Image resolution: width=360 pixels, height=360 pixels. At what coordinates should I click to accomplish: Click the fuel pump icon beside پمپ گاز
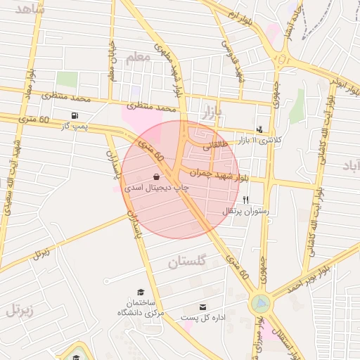(75, 115)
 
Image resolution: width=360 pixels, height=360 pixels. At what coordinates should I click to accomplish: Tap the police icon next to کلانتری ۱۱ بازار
(259, 129)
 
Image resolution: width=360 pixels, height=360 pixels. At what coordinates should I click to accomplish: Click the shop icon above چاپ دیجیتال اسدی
(155, 177)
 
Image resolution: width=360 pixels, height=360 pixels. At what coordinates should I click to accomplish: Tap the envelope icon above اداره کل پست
(203, 307)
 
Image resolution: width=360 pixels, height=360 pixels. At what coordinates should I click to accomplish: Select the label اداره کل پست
(203, 318)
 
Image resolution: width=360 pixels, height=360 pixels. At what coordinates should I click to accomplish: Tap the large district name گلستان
(188, 263)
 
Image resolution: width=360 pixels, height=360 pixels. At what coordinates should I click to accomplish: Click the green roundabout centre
(260, 304)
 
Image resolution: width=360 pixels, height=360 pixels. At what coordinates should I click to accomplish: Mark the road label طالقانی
(216, 147)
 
